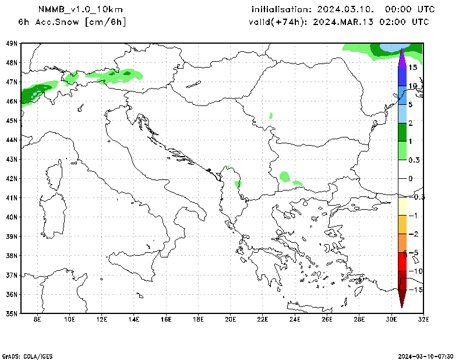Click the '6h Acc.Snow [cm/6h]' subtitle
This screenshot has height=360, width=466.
(72, 22)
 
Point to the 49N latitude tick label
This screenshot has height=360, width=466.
(12, 43)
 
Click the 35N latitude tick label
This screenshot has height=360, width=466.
(12, 313)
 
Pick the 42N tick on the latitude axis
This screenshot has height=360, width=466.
(12, 178)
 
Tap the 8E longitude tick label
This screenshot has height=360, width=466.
(37, 319)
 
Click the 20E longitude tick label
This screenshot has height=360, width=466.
(230, 319)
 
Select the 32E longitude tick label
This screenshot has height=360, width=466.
(423, 319)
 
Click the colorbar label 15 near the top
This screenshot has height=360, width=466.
(412, 68)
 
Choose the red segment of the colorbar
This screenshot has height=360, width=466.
(402, 262)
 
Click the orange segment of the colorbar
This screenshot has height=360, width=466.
(402, 243)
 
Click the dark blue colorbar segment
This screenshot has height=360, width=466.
(402, 76)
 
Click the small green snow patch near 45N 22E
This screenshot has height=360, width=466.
(271, 116)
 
